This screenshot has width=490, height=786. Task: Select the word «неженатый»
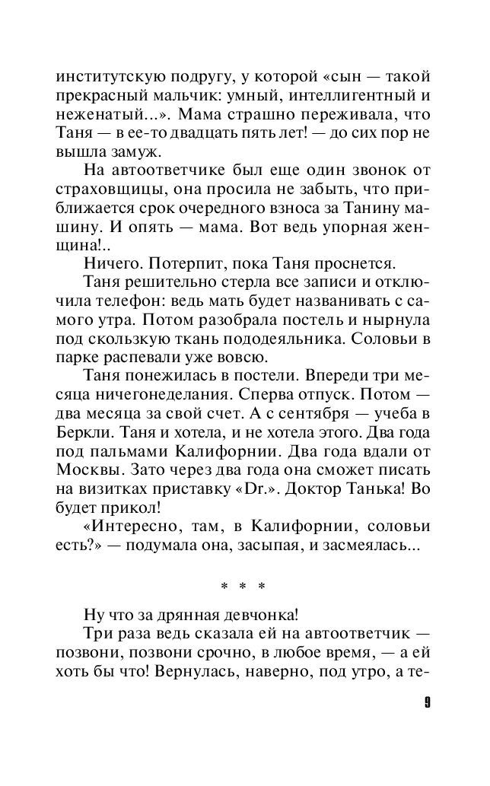coord(98,116)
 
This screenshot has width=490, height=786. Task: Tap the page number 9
coord(428,702)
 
